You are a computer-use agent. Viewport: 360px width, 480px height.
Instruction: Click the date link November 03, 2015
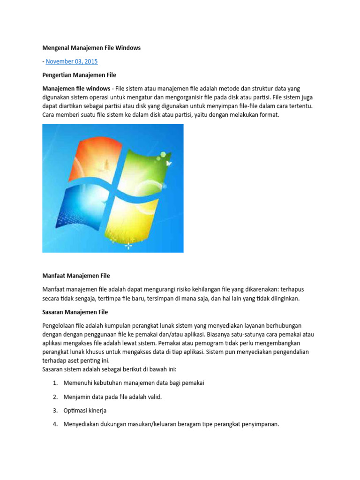[72, 61]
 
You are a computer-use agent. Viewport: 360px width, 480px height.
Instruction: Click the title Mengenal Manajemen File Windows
[91, 48]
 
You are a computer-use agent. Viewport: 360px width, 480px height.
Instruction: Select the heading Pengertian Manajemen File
[79, 75]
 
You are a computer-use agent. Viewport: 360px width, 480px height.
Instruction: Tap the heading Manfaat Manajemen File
[76, 276]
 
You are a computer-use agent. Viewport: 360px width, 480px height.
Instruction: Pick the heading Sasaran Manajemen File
[75, 312]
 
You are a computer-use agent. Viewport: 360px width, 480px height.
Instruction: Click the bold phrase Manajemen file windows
[75, 89]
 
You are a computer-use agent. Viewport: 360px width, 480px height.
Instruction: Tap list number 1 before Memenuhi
[55, 383]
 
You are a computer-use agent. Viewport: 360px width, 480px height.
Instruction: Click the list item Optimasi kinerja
[85, 411]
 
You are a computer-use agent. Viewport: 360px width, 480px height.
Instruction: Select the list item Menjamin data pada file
[112, 397]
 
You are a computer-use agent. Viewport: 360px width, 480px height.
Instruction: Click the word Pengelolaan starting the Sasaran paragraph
[59, 325]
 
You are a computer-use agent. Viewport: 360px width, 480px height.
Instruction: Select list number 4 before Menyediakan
[55, 424]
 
